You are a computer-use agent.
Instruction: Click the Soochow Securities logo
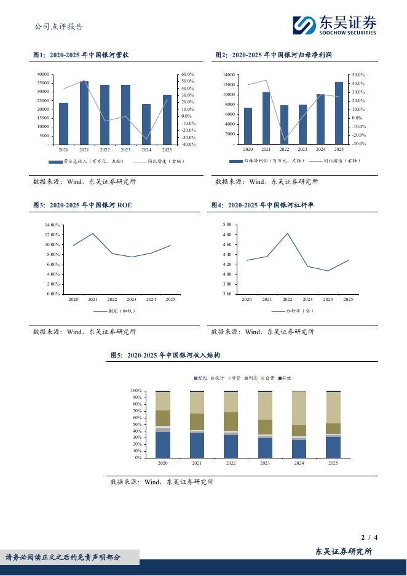pos(334,25)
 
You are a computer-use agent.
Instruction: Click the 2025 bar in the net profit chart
pos(339,113)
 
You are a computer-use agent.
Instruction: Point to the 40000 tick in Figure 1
pos(42,74)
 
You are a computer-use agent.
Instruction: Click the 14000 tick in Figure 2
pos(227,74)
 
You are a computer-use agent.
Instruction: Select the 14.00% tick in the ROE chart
pos(52,225)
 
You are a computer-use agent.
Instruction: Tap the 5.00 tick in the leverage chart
pos(227,225)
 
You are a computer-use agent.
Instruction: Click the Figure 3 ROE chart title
pos(83,205)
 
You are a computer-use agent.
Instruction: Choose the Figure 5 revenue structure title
pos(165,355)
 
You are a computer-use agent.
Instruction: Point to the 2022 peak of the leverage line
pos(287,233)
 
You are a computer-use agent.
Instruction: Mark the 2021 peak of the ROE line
pos(93,233)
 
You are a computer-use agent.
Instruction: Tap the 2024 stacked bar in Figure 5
pos(299,424)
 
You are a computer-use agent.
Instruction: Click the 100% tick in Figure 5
pos(136,391)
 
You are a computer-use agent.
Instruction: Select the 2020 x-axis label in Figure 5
pos(163,463)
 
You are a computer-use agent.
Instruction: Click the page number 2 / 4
pos(369,537)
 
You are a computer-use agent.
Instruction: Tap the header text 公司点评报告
pos(59,26)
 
